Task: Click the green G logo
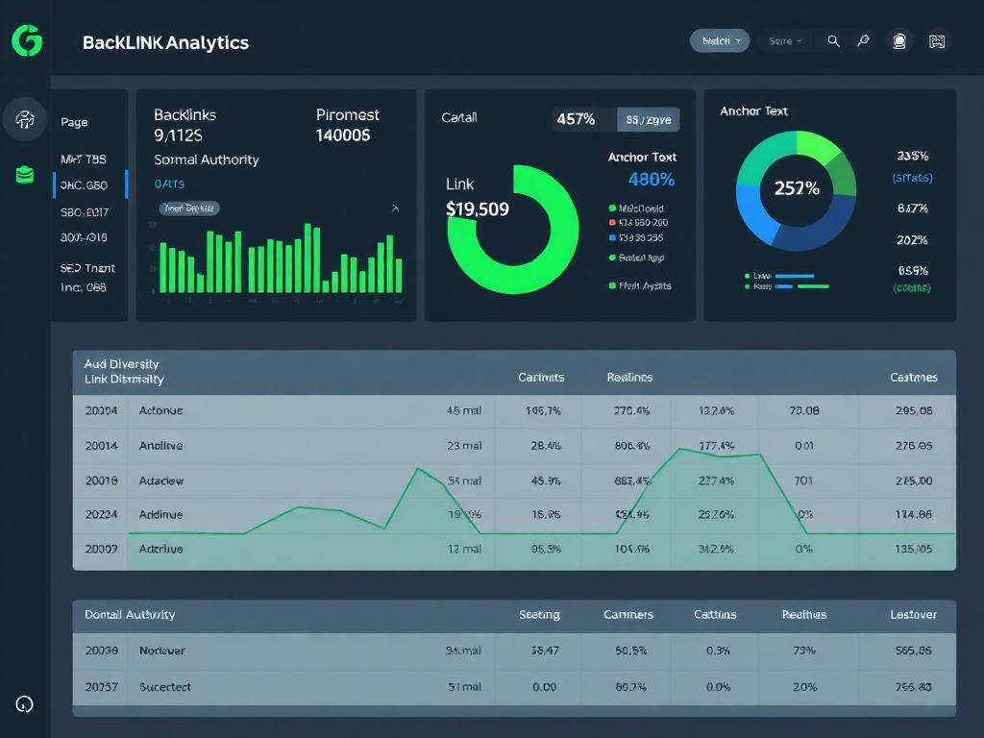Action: tap(27, 41)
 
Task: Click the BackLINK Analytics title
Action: tap(165, 42)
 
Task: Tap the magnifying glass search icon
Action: tap(833, 40)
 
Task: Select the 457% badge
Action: tap(576, 119)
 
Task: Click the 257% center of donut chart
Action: tap(797, 188)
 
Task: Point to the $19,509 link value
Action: tap(478, 209)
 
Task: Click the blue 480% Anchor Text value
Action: tap(651, 180)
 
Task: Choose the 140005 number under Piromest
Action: tap(342, 135)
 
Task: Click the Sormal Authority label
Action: tap(206, 160)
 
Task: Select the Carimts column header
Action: tap(541, 378)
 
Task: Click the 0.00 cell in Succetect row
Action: tap(544, 687)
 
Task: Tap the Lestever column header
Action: tap(913, 614)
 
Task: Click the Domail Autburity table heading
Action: tap(130, 614)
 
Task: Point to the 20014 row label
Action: tap(101, 445)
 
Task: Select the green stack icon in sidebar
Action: tap(25, 175)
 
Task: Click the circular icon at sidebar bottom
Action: tap(25, 704)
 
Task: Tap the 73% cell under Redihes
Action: tap(803, 651)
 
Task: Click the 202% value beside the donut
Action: tap(911, 240)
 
